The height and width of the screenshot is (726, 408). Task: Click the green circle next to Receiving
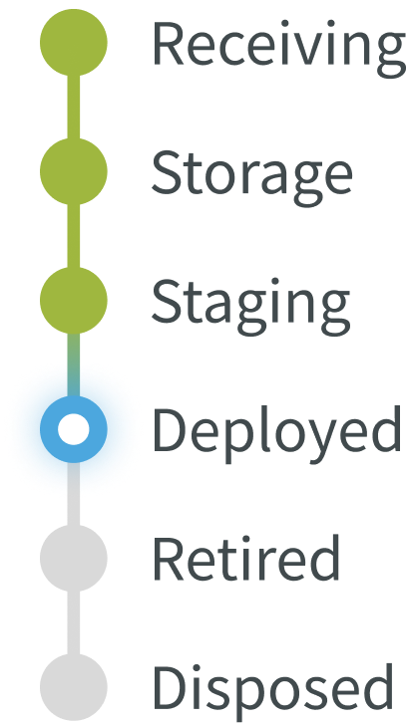pyautogui.click(x=74, y=42)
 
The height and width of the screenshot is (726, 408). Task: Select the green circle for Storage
pyautogui.click(x=74, y=171)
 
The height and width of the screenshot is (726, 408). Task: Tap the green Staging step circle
pyautogui.click(x=74, y=301)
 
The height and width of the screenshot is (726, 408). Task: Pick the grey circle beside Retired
pyautogui.click(x=74, y=559)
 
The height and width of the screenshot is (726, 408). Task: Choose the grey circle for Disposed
pyautogui.click(x=74, y=687)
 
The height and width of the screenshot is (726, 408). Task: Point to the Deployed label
pyautogui.click(x=276, y=434)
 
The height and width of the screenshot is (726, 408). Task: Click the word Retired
pyautogui.click(x=246, y=557)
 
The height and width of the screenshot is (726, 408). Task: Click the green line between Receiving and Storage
pyautogui.click(x=74, y=107)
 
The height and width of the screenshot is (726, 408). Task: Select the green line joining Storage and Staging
pyautogui.click(x=74, y=236)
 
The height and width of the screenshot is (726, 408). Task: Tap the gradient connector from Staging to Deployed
pyautogui.click(x=74, y=364)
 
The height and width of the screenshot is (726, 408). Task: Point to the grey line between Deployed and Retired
pyautogui.click(x=74, y=494)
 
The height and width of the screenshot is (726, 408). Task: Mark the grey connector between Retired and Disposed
pyautogui.click(x=74, y=622)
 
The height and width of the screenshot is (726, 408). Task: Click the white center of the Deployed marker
pyautogui.click(x=74, y=429)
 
